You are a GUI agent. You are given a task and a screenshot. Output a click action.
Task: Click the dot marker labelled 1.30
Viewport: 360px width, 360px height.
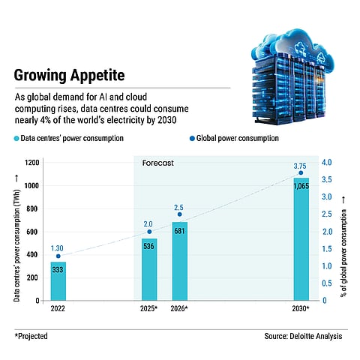tap(58, 256)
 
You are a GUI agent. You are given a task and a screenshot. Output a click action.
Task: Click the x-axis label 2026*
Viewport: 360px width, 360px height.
tap(180, 308)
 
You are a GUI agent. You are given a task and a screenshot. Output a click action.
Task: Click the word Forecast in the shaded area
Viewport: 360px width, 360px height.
tap(157, 161)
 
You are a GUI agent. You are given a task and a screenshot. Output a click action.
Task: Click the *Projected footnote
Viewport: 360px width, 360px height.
tap(31, 336)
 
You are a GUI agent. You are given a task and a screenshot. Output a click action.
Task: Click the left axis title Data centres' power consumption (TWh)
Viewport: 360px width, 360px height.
tap(16, 232)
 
